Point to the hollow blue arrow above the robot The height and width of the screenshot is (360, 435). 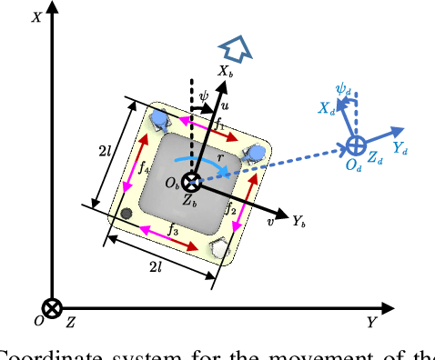point(236,47)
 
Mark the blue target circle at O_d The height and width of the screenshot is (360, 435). point(355,145)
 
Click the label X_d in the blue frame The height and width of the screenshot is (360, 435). point(325,107)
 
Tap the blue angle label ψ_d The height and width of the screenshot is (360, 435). point(344,89)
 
